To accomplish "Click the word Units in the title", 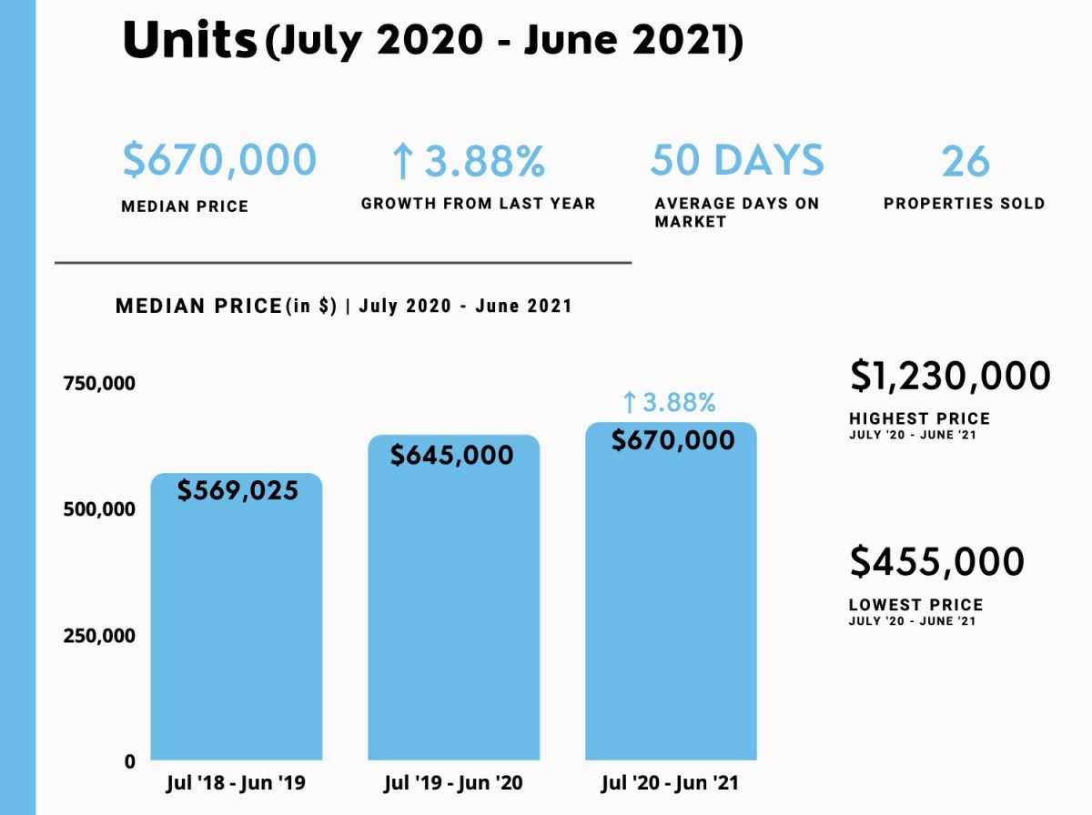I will point(188,41).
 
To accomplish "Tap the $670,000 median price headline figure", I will point(219,160).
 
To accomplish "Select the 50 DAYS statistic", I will point(736,160).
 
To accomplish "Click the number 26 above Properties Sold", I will point(965,162).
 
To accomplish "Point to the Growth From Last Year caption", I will point(478,204).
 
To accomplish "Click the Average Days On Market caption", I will point(736,212).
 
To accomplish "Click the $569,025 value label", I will point(238,491).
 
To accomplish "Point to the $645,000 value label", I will point(452,455).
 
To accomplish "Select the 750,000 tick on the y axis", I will point(99,383).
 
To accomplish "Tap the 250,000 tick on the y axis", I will point(99,635).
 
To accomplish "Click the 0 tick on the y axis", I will point(130,761).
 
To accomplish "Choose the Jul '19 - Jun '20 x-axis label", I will point(453,783).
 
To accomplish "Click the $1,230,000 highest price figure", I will point(950,376).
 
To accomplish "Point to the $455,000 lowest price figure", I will point(937,561).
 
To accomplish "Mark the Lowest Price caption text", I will point(915,605).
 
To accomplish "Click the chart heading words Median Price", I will point(198,307).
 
